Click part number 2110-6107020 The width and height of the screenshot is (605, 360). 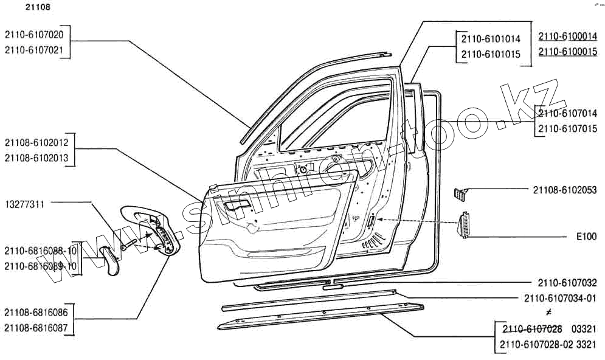[x=38, y=35]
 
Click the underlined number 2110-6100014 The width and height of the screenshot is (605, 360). [x=567, y=36]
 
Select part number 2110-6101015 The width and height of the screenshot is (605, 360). [x=491, y=54]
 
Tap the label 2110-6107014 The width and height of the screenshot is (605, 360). [x=567, y=113]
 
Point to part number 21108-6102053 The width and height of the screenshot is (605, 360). [x=565, y=190]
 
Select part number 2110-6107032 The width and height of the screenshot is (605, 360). [x=567, y=283]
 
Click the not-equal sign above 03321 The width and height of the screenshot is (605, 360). [x=548, y=313]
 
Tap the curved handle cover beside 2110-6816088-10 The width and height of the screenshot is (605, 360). [x=110, y=260]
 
